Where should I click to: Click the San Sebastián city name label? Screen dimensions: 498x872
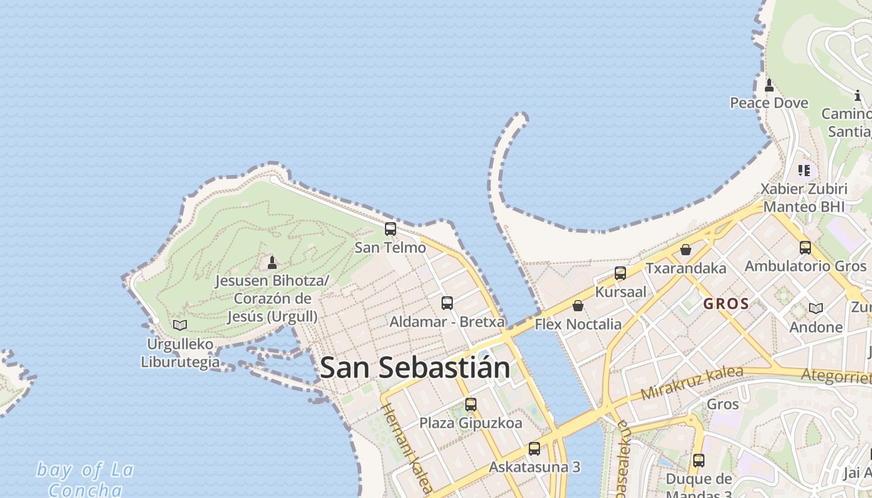click(x=415, y=368)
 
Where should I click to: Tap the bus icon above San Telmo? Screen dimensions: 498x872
click(x=391, y=229)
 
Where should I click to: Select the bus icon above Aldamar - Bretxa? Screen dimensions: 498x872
click(x=447, y=303)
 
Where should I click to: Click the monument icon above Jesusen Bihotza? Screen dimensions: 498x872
click(x=272, y=263)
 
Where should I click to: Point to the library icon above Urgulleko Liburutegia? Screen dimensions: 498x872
click(x=180, y=325)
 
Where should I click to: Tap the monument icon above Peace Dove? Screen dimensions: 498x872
click(x=769, y=85)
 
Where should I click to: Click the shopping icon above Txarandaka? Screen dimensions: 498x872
click(x=686, y=250)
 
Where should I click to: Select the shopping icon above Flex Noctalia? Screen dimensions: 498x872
click(x=578, y=306)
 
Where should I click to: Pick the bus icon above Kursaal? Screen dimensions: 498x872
click(x=620, y=273)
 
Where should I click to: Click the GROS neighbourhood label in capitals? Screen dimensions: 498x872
click(x=726, y=304)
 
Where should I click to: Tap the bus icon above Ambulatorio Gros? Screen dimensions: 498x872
click(x=805, y=248)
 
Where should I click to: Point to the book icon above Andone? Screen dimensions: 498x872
click(x=816, y=308)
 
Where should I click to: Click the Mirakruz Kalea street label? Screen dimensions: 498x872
click(x=691, y=383)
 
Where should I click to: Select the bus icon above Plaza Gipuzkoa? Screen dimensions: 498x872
click(x=471, y=405)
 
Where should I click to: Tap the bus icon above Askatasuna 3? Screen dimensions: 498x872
click(x=534, y=449)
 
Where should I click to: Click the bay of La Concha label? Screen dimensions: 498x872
click(x=85, y=479)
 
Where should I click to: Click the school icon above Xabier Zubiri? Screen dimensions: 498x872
click(x=804, y=170)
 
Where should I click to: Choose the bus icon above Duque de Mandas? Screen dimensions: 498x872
click(x=699, y=461)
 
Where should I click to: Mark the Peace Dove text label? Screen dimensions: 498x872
click(x=769, y=103)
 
